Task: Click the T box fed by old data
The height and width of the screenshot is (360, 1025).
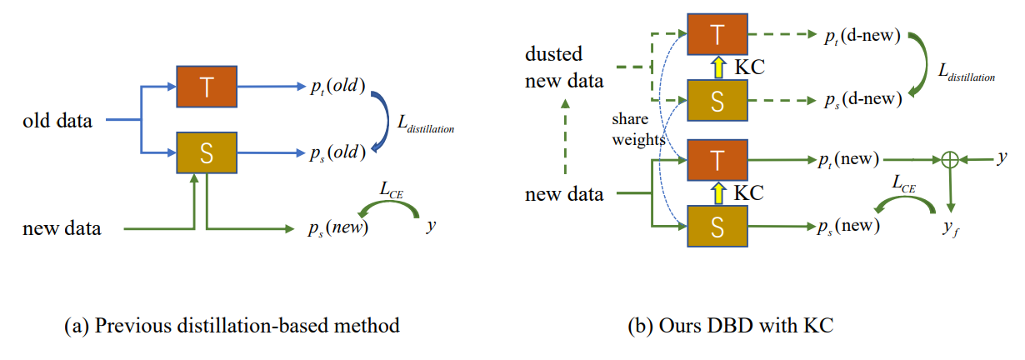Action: coord(207,87)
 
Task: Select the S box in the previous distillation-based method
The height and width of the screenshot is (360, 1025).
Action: coord(207,153)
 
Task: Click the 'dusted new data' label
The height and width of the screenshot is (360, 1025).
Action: coord(564,67)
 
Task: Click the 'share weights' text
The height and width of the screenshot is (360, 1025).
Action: coord(637,131)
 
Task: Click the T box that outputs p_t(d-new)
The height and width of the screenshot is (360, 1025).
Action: coord(717,36)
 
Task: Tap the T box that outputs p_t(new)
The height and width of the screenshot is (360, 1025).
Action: coord(717,160)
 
